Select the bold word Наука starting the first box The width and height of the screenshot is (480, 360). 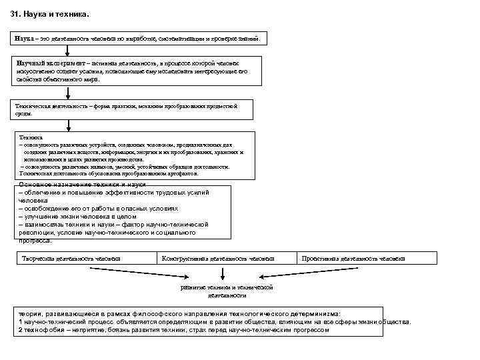click(x=25, y=39)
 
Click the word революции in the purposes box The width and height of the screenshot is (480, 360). click(x=39, y=233)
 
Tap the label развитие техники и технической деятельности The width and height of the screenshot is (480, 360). click(x=227, y=291)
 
